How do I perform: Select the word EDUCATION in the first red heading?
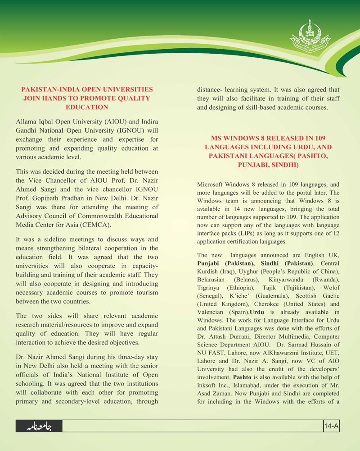click(87, 107)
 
